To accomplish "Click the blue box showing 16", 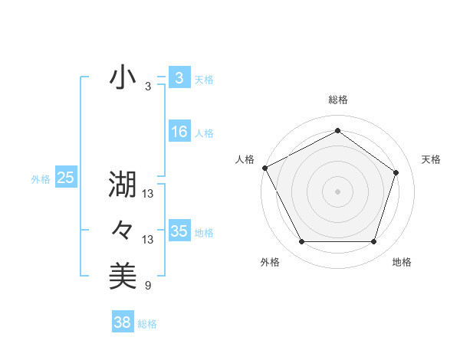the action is (x=179, y=132).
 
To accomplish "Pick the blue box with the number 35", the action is (x=179, y=231).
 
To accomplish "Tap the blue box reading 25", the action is (x=66, y=178).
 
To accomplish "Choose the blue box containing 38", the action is (x=123, y=322).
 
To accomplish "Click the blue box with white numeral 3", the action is (x=179, y=77).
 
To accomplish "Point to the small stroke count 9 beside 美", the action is (x=148, y=286).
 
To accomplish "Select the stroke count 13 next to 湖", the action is (x=148, y=194).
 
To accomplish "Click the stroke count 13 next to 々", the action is (x=148, y=240).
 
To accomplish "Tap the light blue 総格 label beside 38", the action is (x=147, y=324).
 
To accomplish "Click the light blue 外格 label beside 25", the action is (x=41, y=179).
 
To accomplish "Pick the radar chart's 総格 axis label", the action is (x=338, y=100).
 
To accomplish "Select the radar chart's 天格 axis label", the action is (x=432, y=159).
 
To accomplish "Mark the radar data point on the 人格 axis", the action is (x=264, y=168).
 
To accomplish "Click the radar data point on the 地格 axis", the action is (x=374, y=242).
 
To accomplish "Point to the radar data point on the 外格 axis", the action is (x=301, y=242).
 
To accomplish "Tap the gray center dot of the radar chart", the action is (x=337, y=191).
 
